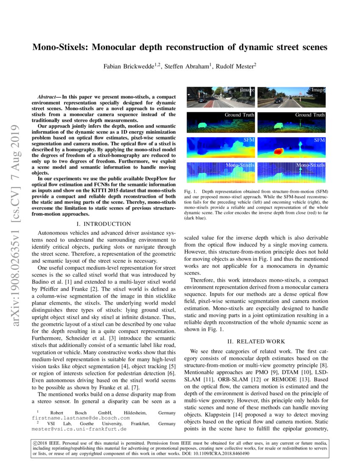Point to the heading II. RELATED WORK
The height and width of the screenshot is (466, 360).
[x=256, y=341]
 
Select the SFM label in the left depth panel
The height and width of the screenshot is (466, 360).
[x=248, y=140]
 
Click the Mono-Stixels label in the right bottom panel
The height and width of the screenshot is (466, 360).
[x=311, y=165]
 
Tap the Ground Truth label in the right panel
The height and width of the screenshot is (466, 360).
[x=310, y=115]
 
